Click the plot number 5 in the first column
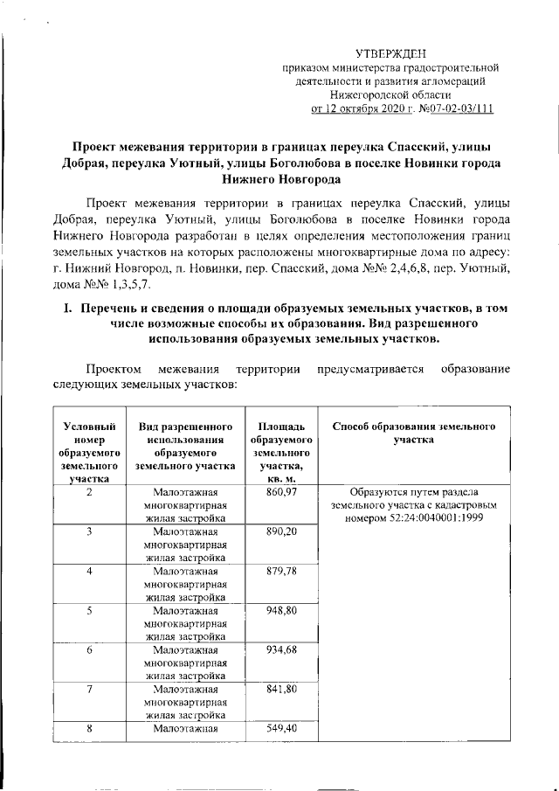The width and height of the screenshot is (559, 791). [x=90, y=611]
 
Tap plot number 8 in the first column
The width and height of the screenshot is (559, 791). [x=90, y=728]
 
